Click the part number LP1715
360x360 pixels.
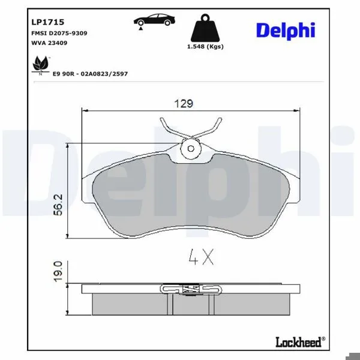(47, 22)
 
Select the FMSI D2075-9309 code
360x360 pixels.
(59, 33)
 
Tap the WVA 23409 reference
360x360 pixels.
(49, 43)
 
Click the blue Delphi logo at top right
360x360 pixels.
(286, 31)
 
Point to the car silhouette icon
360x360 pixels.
(154, 20)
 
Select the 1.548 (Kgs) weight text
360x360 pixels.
(205, 47)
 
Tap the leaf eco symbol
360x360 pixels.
(41, 64)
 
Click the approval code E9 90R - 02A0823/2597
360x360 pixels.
(90, 74)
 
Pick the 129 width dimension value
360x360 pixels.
(184, 104)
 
